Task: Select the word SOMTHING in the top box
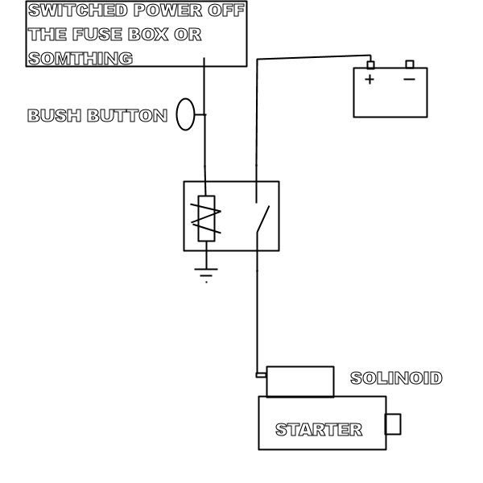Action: tap(80, 59)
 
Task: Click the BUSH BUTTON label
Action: tap(97, 116)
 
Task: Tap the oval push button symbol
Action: tap(186, 114)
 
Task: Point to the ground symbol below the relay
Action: tap(207, 274)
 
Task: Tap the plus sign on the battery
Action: tap(369, 79)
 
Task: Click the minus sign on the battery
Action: tap(409, 79)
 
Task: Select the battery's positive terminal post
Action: tap(370, 64)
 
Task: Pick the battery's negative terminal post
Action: tap(409, 64)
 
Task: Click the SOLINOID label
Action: tap(396, 378)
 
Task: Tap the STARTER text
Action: tap(319, 430)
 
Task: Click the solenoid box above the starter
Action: tap(299, 381)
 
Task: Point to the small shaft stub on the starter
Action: tap(394, 423)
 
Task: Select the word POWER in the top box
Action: tap(166, 11)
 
